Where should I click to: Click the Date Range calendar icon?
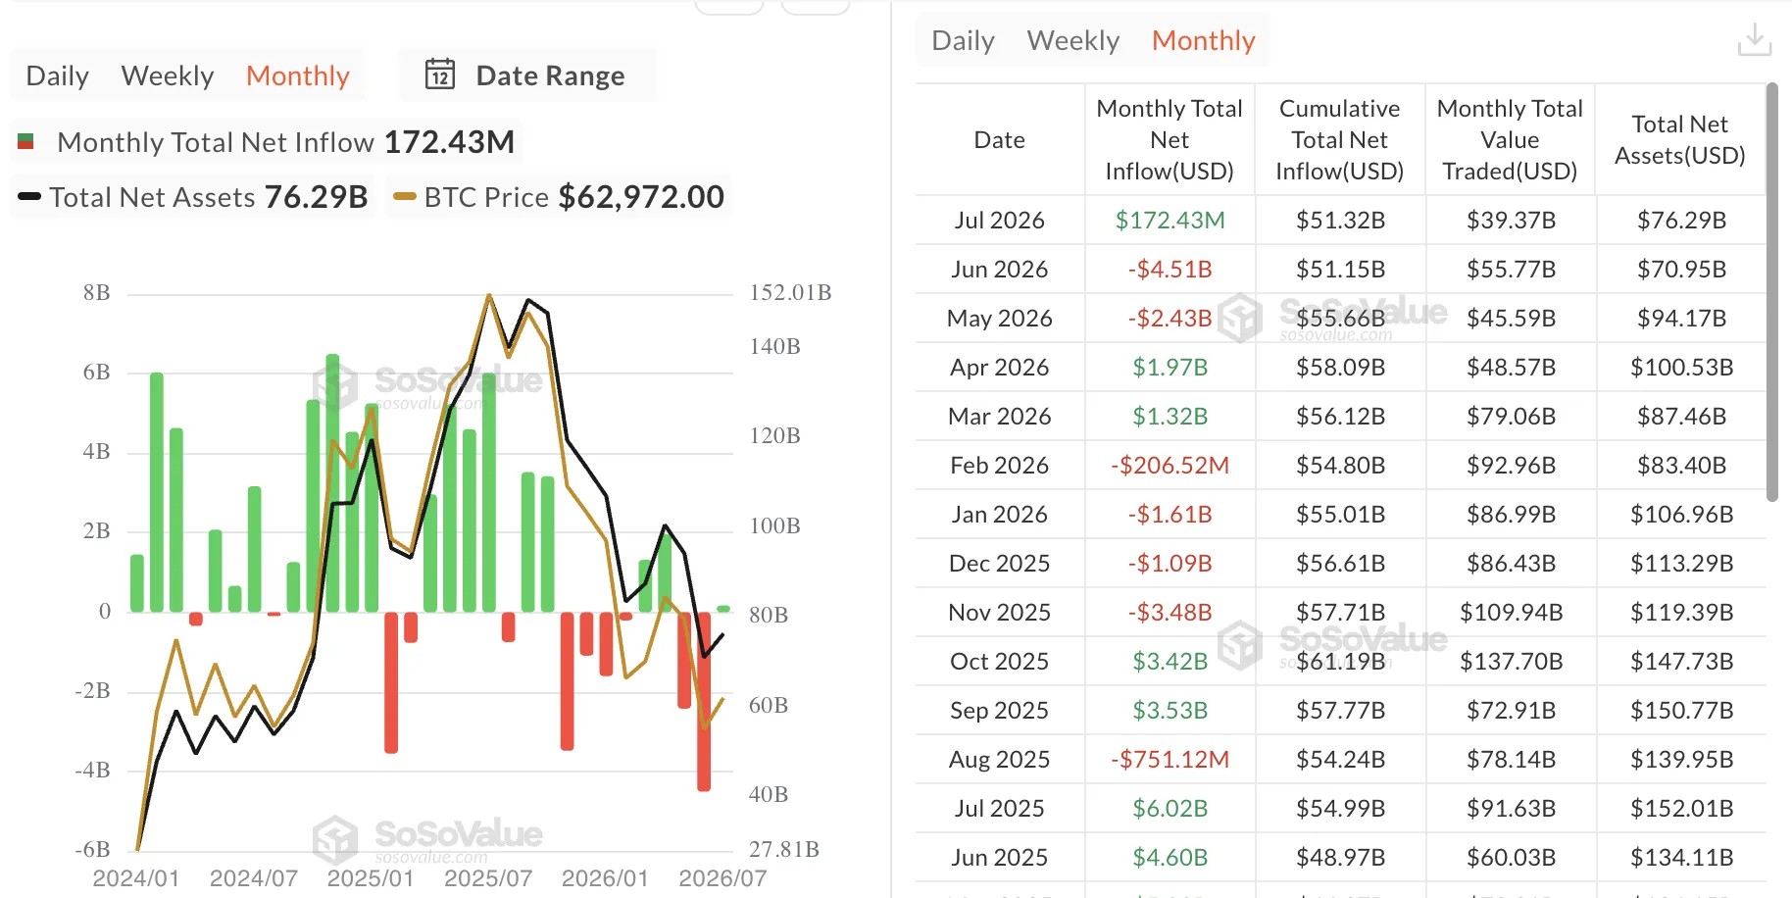point(440,75)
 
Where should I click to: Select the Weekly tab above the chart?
point(168,75)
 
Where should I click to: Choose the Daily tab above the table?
point(963,40)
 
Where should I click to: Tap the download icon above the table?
point(1754,40)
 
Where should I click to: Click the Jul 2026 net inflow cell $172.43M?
point(1170,220)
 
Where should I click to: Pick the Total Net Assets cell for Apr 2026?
point(1681,367)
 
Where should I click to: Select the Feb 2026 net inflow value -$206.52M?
point(1170,465)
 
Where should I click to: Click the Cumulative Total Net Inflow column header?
point(1339,139)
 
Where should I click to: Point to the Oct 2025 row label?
point(999,661)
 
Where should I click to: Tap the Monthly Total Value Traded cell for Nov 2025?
point(1511,612)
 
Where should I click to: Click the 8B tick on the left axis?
point(96,292)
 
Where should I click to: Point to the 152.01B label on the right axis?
point(790,292)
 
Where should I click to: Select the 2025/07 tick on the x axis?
point(488,877)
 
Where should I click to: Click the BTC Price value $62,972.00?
point(641,197)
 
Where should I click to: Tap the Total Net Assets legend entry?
point(192,197)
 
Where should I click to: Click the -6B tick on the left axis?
point(92,849)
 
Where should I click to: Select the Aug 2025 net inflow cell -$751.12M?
point(1170,759)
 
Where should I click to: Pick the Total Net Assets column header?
point(1680,139)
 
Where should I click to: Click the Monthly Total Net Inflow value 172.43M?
point(449,142)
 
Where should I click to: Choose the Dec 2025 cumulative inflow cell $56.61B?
point(1340,563)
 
